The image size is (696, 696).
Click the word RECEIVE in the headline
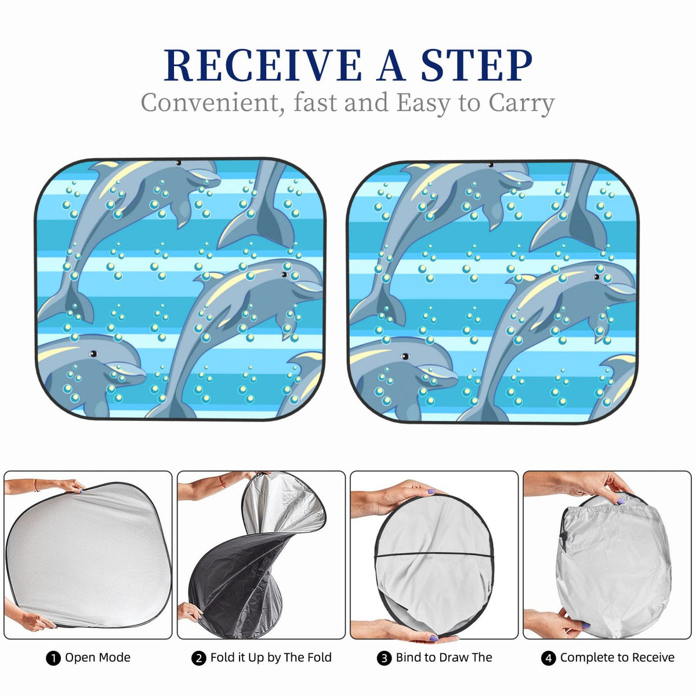click(263, 65)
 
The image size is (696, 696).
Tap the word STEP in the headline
click(477, 65)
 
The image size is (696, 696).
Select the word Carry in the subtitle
click(521, 104)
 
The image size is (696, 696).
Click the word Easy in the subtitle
click(423, 104)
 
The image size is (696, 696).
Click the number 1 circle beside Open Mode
click(53, 658)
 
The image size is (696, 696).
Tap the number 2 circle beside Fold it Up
click(199, 658)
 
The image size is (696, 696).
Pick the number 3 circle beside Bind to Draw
click(385, 658)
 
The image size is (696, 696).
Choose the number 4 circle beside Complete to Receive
click(548, 658)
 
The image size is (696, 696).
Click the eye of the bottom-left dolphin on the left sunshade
click(93, 354)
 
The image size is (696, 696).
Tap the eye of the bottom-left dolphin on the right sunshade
click(405, 357)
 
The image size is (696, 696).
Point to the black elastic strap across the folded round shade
click(433, 554)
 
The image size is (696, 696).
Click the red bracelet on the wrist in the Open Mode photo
click(36, 485)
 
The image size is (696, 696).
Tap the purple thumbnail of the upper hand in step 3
click(432, 491)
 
